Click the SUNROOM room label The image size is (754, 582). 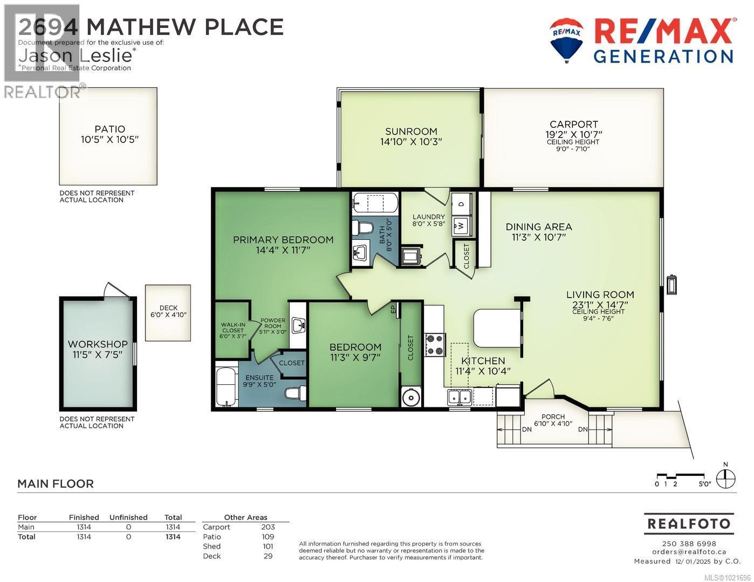coord(410,131)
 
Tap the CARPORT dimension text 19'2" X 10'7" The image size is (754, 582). coord(574,134)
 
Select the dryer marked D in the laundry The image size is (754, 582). coord(461,204)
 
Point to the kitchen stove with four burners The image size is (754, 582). coord(434,345)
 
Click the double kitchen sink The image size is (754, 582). coord(459,397)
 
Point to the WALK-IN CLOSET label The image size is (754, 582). coord(232,330)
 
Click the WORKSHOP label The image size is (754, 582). coord(98,344)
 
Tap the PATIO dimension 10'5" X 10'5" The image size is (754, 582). coord(109,139)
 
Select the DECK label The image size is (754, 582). coord(168,308)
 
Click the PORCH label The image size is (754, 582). coord(553,417)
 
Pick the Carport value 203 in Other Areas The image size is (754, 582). coord(268,527)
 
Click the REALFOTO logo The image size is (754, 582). coord(688,523)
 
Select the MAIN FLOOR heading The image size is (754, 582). coord(56,484)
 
